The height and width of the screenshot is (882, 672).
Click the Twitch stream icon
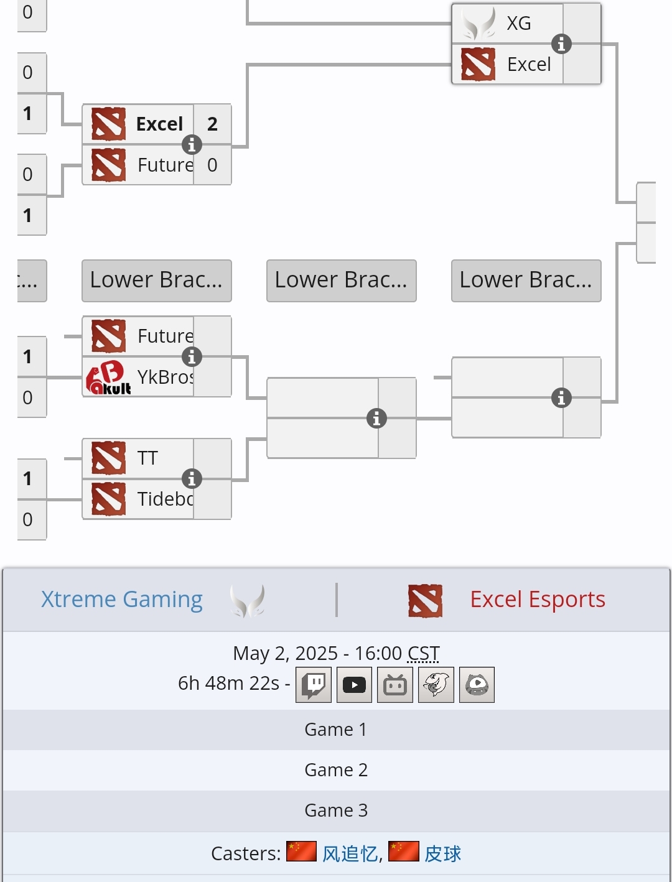(314, 685)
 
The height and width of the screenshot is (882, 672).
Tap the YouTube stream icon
(354, 685)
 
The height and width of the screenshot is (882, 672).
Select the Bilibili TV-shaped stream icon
(395, 685)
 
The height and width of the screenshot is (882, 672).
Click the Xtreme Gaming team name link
(122, 599)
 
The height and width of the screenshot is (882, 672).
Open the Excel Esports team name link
(538, 599)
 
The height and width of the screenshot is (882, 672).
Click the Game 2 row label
(336, 770)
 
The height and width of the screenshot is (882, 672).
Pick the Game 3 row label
(336, 810)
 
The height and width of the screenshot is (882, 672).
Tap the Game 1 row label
(336, 729)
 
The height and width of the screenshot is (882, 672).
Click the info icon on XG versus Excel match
(561, 44)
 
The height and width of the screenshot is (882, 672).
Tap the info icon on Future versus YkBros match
(192, 357)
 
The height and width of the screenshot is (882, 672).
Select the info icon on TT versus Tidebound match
(192, 478)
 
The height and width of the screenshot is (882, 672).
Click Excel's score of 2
(212, 124)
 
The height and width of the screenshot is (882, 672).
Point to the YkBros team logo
(108, 378)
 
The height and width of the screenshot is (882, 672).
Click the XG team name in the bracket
(519, 24)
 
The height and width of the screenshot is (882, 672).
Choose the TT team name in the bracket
(147, 458)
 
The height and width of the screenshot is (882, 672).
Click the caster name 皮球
(443, 853)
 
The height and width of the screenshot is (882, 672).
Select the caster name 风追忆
(350, 853)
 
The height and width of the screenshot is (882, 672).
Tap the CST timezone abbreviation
(423, 653)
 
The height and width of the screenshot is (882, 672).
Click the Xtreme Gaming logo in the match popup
(248, 600)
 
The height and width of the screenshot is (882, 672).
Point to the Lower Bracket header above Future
(157, 281)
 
